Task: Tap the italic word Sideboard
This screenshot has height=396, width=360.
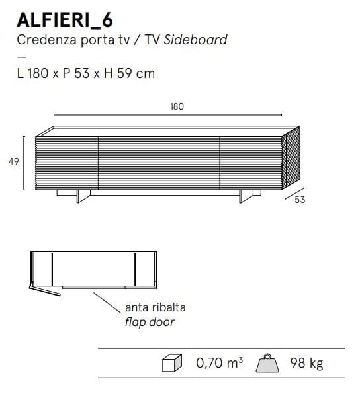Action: (x=196, y=40)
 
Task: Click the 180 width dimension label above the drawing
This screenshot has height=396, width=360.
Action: (x=177, y=106)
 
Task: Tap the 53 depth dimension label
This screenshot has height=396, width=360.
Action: (x=300, y=200)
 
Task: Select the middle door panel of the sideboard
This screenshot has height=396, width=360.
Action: (x=159, y=162)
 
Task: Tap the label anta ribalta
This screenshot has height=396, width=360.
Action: (x=155, y=308)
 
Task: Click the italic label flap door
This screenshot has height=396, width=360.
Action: (x=150, y=323)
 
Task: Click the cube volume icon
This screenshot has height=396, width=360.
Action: (x=171, y=364)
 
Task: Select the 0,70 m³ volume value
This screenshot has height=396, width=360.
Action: (x=219, y=363)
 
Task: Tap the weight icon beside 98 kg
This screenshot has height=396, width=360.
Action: (x=270, y=363)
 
